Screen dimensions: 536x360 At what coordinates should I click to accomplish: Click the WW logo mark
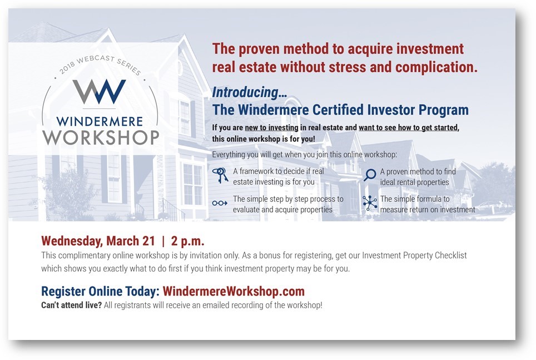99,91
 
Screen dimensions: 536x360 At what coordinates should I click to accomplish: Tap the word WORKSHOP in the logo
101,137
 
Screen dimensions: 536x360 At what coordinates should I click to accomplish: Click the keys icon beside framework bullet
220,176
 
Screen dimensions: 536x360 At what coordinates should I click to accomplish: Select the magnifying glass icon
370,175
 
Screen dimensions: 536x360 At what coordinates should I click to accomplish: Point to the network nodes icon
370,203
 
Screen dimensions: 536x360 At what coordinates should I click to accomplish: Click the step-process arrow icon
220,203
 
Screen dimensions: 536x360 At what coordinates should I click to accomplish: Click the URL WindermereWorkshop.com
234,291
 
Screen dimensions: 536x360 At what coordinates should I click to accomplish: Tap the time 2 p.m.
187,241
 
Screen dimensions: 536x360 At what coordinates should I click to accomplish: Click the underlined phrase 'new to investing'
271,127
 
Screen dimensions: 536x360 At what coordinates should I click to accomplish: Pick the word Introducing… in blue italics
250,92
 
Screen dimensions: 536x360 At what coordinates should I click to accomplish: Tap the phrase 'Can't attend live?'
71,305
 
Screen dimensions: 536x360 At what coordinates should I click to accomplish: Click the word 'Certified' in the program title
338,110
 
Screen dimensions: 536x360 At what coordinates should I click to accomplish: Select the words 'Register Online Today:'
101,291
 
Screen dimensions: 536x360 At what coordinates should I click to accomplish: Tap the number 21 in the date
148,241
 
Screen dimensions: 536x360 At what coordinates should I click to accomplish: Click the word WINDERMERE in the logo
100,121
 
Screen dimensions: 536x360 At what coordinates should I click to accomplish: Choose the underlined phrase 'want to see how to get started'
408,127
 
